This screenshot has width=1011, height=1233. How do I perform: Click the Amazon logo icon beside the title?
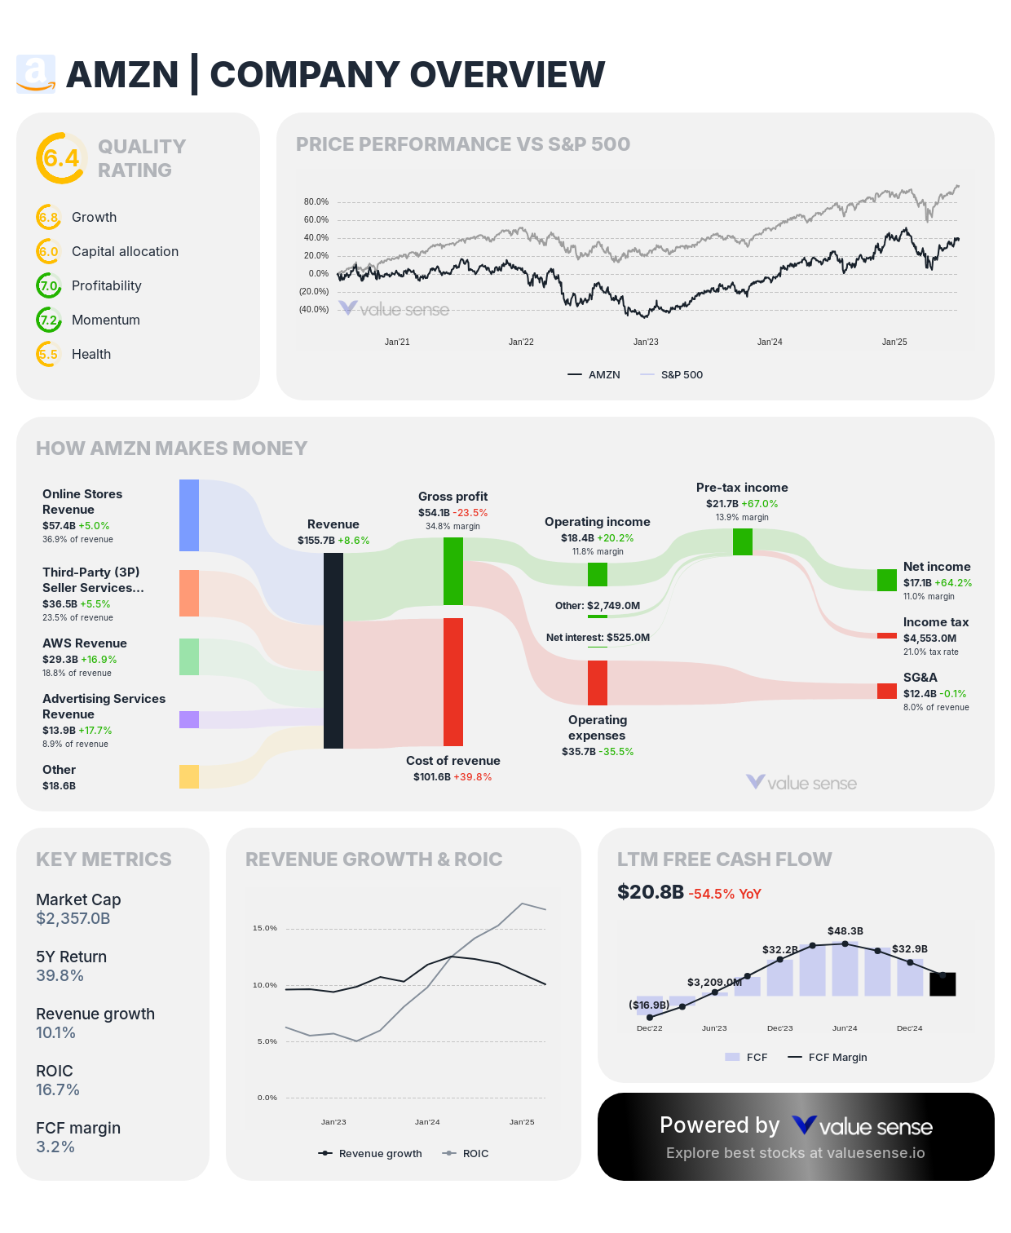tap(36, 74)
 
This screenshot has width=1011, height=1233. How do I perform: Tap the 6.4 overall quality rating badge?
tap(61, 158)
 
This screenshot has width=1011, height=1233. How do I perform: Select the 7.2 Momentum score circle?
tap(49, 320)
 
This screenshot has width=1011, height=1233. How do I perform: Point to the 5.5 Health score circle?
tap(49, 354)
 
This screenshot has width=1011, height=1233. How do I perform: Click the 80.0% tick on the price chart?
tap(316, 201)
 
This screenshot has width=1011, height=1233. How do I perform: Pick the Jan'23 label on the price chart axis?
tap(646, 342)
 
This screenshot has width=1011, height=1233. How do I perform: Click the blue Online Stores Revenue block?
tap(189, 515)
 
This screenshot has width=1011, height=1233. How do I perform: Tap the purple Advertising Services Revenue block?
tap(189, 719)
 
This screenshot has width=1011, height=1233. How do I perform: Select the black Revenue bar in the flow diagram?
tap(333, 651)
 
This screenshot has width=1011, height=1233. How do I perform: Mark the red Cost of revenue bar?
tap(453, 682)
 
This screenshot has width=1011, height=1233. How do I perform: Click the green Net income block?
tap(887, 580)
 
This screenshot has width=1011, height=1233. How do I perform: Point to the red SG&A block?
tap(887, 691)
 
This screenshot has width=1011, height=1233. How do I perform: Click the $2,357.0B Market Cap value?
tap(73, 918)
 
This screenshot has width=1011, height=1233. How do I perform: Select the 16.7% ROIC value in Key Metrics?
tap(58, 1089)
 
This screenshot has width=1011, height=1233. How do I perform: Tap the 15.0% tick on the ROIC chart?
tap(265, 928)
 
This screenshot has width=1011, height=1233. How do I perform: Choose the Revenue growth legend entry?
tap(371, 1153)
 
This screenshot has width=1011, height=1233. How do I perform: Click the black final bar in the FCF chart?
tap(943, 984)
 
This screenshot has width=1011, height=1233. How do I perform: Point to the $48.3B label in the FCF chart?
tap(845, 930)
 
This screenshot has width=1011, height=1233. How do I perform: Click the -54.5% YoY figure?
tap(725, 894)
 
